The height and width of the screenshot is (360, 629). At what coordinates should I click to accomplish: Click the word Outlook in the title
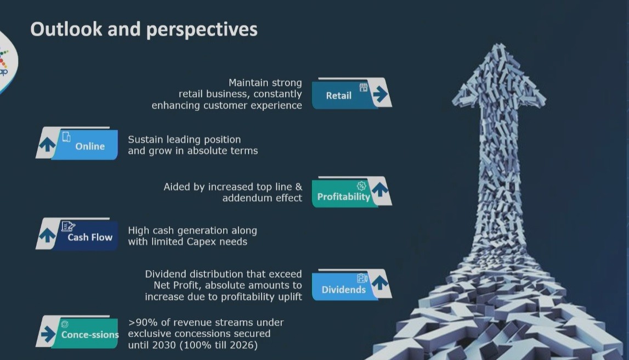tap(66, 29)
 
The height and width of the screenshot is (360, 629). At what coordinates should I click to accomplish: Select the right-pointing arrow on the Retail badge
tap(380, 94)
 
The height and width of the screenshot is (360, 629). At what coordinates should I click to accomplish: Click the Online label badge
tap(84, 145)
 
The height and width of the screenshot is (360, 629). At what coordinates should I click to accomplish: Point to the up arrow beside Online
tap(47, 144)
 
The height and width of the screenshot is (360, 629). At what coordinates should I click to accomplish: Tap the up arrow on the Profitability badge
tap(380, 189)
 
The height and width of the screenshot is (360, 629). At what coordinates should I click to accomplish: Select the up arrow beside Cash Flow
tap(47, 235)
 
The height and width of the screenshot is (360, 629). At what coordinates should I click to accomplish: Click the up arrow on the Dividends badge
tap(380, 282)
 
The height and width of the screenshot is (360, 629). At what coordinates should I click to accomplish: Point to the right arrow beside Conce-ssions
tap(48, 334)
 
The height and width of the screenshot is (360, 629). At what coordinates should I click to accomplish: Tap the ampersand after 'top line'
tap(298, 187)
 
